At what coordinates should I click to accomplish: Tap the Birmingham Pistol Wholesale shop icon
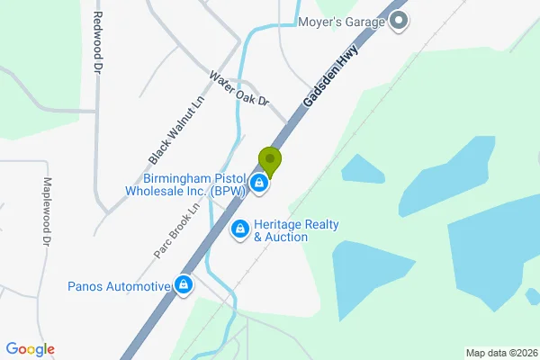click(259, 184)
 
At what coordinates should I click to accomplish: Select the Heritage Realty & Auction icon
click(240, 230)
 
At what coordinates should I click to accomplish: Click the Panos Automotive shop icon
click(184, 286)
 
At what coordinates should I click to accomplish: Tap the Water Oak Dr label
click(239, 90)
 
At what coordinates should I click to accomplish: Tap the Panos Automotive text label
click(119, 287)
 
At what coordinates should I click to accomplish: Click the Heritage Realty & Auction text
click(280, 230)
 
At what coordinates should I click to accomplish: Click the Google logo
click(30, 349)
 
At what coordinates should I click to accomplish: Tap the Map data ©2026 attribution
click(501, 352)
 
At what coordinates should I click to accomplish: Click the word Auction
click(286, 238)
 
